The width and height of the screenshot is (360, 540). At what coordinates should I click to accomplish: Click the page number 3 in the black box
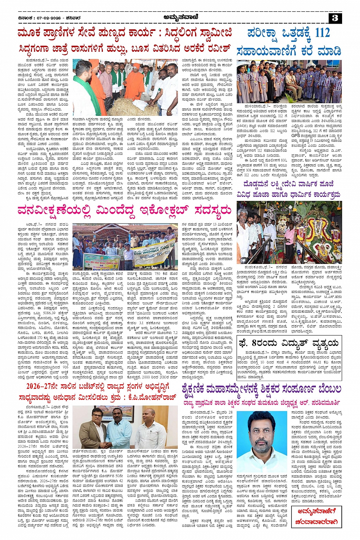335,18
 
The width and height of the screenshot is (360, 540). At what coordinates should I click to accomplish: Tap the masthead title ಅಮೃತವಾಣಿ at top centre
179,17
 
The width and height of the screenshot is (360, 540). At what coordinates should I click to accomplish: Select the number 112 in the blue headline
322,33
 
